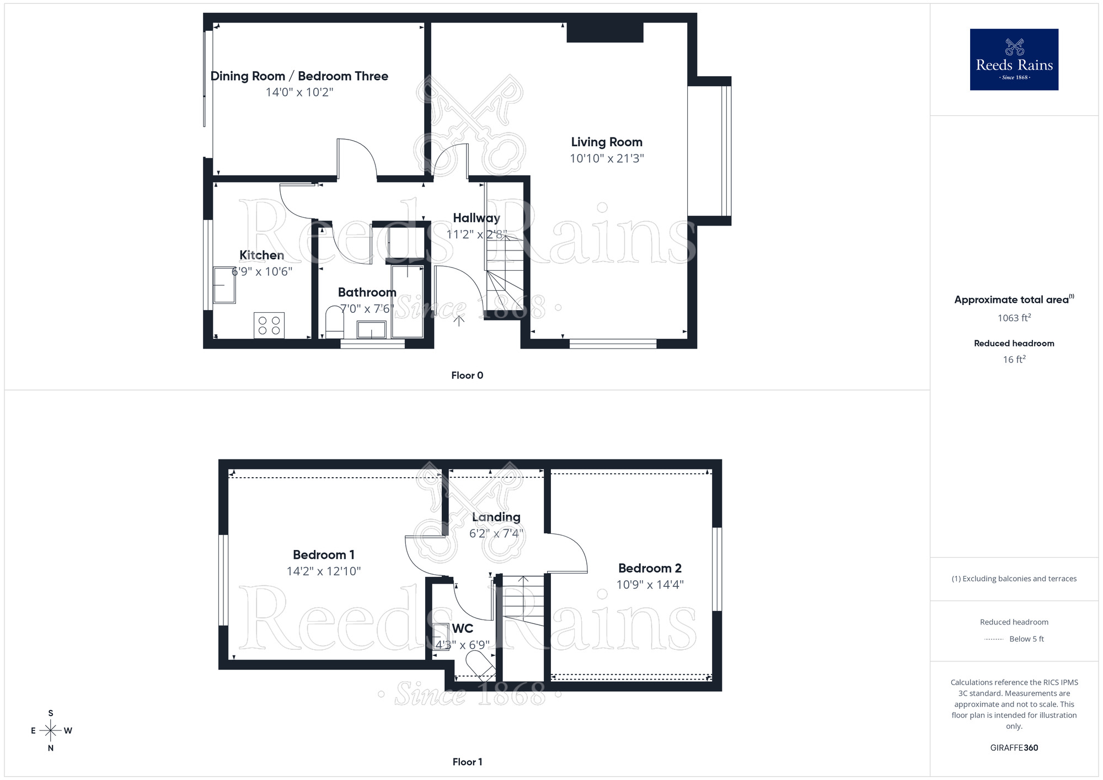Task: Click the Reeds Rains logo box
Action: [1014, 60]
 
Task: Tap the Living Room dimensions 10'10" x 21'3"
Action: [607, 158]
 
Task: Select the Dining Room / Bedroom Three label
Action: [299, 76]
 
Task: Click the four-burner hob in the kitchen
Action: [269, 325]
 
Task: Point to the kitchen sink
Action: [224, 285]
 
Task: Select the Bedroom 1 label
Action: [323, 554]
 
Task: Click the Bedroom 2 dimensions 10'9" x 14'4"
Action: [650, 585]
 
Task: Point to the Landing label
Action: [496, 517]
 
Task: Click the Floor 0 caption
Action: [467, 375]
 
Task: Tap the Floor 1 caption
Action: [467, 762]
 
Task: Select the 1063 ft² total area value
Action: [1014, 318]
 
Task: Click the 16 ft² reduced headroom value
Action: [1014, 360]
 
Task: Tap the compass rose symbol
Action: [51, 731]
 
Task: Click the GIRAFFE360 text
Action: [1014, 748]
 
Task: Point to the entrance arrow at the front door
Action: [459, 320]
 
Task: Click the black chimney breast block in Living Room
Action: [605, 33]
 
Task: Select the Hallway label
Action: [476, 218]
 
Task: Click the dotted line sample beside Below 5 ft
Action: [994, 639]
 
